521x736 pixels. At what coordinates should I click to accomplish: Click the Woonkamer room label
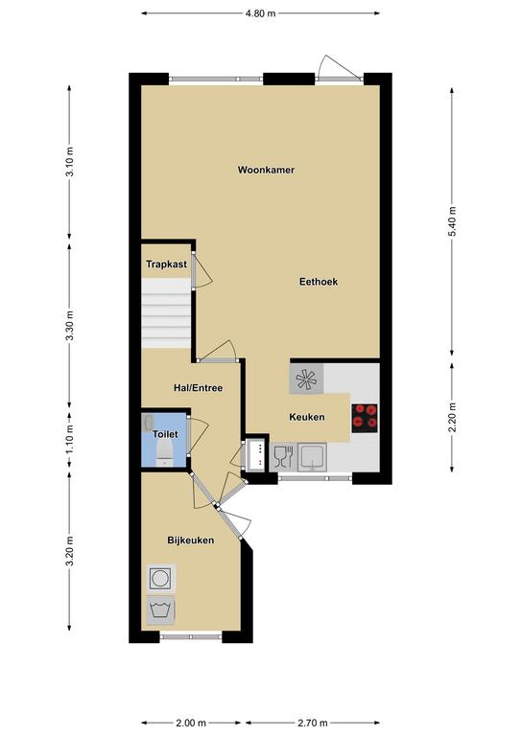(266, 170)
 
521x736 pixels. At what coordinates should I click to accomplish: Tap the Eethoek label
(319, 282)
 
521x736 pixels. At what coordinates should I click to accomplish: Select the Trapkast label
(166, 264)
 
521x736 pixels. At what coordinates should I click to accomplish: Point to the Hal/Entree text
(198, 388)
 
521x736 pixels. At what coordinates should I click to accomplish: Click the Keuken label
(307, 417)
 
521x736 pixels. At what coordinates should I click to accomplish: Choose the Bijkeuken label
(191, 540)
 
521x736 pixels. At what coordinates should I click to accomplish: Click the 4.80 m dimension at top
(260, 13)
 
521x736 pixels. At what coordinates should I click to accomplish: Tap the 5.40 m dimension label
(453, 221)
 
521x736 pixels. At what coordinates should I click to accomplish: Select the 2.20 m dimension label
(453, 418)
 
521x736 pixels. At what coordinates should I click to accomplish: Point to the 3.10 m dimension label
(69, 161)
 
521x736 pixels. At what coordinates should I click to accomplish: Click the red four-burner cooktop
(365, 418)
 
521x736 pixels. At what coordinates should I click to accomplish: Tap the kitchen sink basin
(313, 457)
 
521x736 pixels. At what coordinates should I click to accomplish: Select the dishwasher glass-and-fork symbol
(283, 457)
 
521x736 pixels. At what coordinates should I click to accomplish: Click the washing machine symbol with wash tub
(160, 610)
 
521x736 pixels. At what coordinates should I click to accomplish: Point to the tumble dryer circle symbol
(162, 578)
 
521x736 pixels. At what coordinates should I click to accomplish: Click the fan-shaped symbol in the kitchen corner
(306, 379)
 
